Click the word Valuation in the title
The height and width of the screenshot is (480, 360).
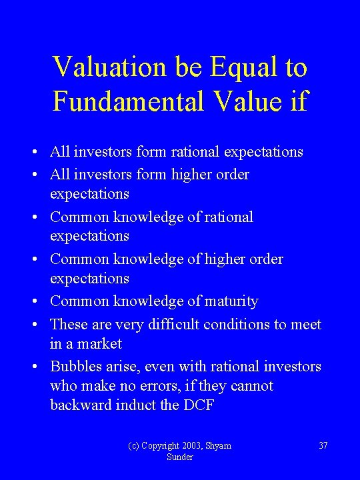click(109, 67)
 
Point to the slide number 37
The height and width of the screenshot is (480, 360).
click(323, 445)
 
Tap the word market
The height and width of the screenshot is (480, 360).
click(99, 344)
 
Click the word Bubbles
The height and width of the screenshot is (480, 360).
click(74, 367)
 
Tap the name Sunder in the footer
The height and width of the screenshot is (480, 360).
click(180, 457)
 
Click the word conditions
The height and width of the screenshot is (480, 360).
click(250, 324)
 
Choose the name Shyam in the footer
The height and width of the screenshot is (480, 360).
click(219, 445)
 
